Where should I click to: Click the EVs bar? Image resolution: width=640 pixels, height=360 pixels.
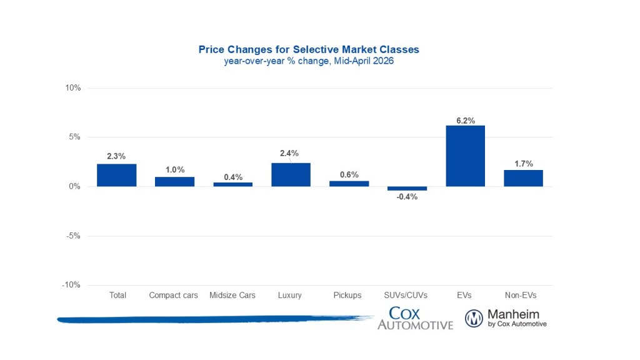click(x=465, y=156)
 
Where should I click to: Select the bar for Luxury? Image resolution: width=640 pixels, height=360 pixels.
click(x=291, y=174)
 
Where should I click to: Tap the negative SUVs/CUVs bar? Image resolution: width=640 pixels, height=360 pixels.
click(x=407, y=188)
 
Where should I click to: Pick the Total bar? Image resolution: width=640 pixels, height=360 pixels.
click(x=117, y=175)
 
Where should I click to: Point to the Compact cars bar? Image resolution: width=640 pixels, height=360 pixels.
click(x=174, y=181)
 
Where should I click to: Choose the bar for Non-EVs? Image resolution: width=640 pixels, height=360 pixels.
click(x=523, y=178)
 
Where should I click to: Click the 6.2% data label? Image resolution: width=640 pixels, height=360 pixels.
click(x=465, y=120)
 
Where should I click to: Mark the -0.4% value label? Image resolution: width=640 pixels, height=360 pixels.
click(x=407, y=197)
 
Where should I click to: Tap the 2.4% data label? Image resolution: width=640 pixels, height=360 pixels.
click(x=291, y=152)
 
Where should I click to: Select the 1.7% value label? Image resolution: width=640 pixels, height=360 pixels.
click(x=523, y=164)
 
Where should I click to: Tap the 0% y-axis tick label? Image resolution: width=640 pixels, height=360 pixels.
click(x=74, y=186)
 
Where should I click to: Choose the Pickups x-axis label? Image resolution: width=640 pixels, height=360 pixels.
click(x=349, y=295)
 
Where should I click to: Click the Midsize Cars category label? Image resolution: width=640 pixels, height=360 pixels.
click(x=232, y=295)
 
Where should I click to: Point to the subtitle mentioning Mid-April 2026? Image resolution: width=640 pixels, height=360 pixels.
click(x=309, y=61)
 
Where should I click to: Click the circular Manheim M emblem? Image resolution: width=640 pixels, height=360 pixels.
click(x=474, y=319)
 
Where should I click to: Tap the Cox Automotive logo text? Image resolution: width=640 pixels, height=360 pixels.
click(x=415, y=318)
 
